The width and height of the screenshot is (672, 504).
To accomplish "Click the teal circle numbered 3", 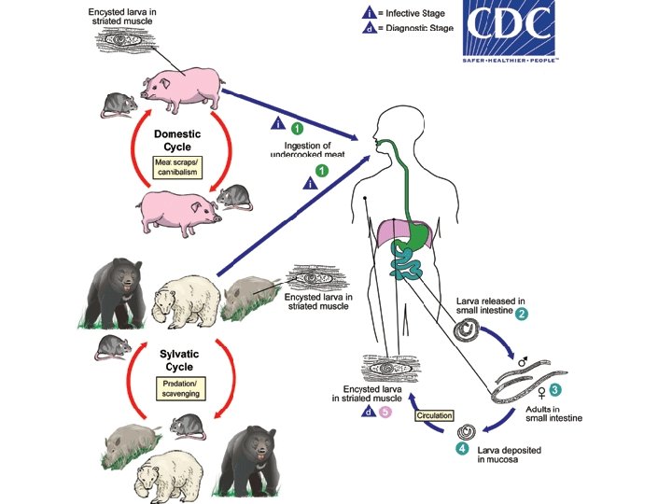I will pos(555,387).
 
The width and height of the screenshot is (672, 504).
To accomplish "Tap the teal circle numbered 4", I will pos(461,449).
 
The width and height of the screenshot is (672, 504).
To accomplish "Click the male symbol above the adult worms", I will pos(524,359).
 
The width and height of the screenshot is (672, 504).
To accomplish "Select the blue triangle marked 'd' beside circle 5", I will pos(370,412).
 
